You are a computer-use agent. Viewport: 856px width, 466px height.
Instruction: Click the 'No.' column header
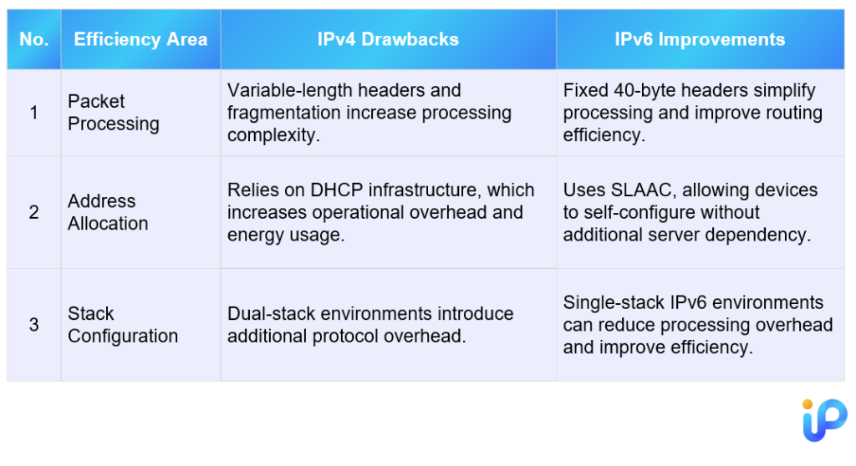pyautogui.click(x=33, y=39)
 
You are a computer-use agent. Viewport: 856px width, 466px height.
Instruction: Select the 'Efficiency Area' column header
pyautogui.click(x=140, y=39)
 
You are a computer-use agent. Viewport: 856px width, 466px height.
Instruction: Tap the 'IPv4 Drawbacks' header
pyautogui.click(x=388, y=39)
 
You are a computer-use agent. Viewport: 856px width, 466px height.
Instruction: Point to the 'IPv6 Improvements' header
pyautogui.click(x=700, y=39)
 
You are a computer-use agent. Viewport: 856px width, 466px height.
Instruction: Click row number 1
pyautogui.click(x=33, y=113)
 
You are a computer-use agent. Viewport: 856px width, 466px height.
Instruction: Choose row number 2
pyautogui.click(x=33, y=212)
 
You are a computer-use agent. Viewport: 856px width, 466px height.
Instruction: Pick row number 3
pyautogui.click(x=33, y=325)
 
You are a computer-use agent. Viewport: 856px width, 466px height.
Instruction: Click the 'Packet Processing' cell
pyautogui.click(x=114, y=113)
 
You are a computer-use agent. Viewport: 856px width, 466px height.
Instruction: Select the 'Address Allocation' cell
pyautogui.click(x=108, y=212)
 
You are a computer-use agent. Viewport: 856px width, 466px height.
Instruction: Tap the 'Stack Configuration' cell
pyautogui.click(x=123, y=325)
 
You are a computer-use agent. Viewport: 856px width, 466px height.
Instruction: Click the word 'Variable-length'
pyautogui.click(x=284, y=90)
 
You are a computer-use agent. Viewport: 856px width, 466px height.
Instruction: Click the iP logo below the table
pyautogui.click(x=824, y=419)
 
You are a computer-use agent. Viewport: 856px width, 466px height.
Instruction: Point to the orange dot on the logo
pyautogui.click(x=808, y=404)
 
